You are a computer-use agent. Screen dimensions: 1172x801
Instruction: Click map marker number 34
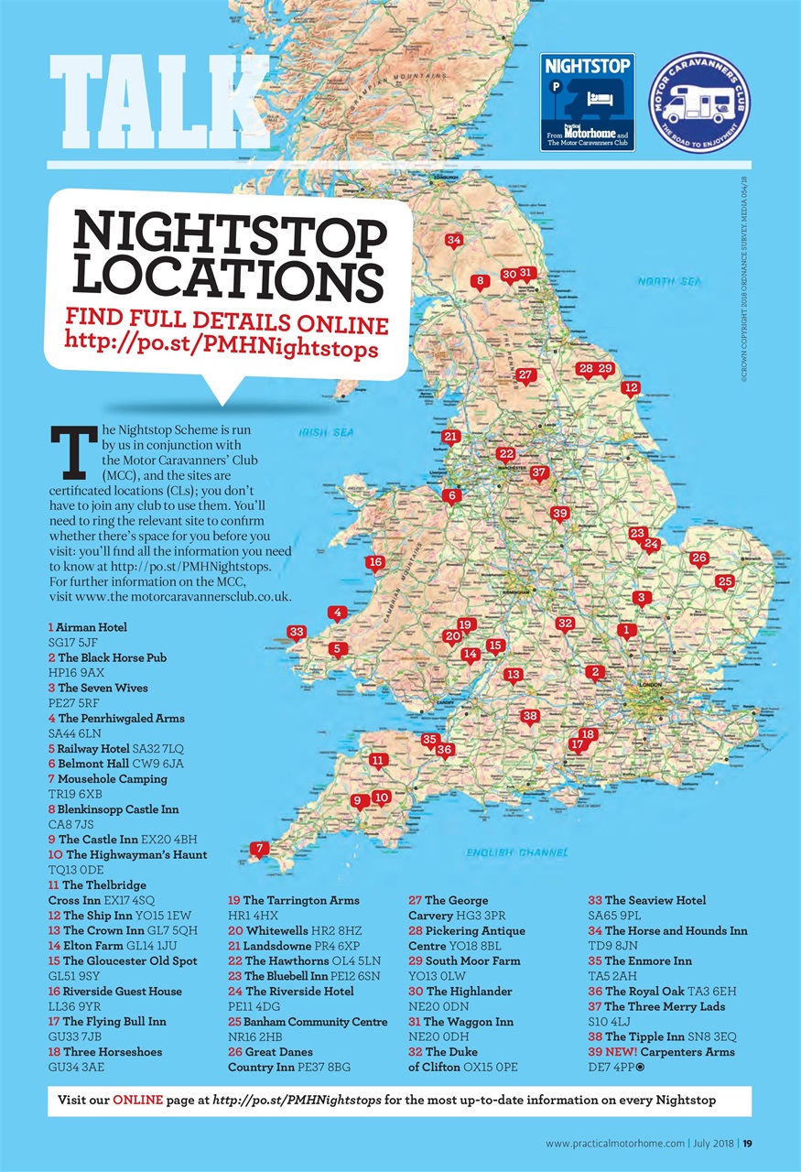pyautogui.click(x=453, y=241)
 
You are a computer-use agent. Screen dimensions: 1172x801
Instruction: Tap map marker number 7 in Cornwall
pyautogui.click(x=260, y=849)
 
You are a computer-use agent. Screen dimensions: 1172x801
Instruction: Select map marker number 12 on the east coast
pyautogui.click(x=630, y=388)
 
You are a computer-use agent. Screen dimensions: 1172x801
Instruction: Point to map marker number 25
pyautogui.click(x=725, y=581)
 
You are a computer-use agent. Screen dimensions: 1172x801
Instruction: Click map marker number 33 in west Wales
pyautogui.click(x=296, y=632)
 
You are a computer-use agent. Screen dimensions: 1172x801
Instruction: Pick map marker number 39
pyautogui.click(x=560, y=514)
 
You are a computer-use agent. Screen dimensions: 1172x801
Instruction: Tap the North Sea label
pyautogui.click(x=669, y=282)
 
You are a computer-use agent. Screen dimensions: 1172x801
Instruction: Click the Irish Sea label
pyautogui.click(x=325, y=432)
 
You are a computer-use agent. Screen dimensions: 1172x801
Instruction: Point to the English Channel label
pyautogui.click(x=516, y=852)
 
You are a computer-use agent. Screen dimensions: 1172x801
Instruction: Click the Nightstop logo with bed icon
pyautogui.click(x=587, y=101)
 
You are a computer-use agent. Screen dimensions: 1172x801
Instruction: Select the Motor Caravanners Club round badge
pyautogui.click(x=698, y=102)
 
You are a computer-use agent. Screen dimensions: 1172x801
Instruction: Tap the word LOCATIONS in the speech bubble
pyautogui.click(x=228, y=277)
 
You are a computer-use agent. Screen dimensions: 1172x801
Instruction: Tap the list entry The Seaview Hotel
pyautogui.click(x=655, y=901)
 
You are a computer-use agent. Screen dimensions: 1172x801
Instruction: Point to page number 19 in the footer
pyautogui.click(x=747, y=1143)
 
